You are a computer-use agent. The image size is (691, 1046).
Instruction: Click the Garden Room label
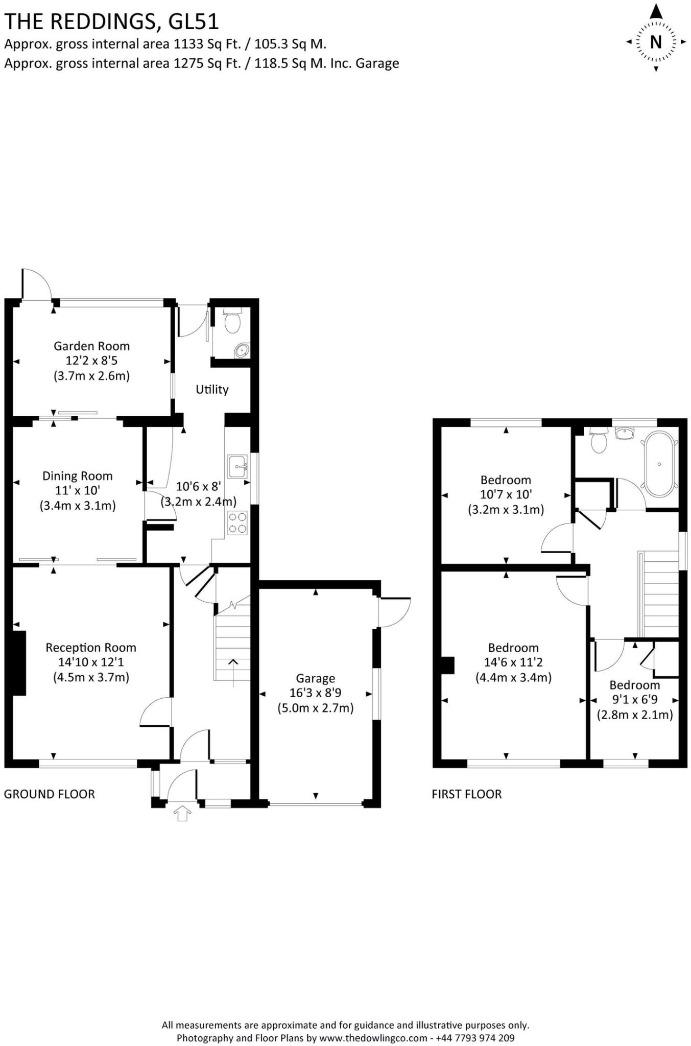click(x=91, y=346)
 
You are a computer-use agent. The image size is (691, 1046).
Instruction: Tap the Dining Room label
click(x=77, y=476)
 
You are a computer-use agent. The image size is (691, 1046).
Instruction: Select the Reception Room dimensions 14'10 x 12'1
click(x=91, y=662)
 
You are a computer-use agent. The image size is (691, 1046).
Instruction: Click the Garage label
click(x=315, y=678)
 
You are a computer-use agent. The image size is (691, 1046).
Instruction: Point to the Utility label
click(x=212, y=390)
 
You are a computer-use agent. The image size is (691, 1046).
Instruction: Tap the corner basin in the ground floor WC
click(x=242, y=350)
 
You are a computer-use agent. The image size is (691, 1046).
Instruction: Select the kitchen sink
click(x=237, y=466)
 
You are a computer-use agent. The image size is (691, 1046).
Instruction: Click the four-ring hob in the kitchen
click(x=237, y=522)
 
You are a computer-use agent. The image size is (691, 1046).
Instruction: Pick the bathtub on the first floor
click(x=659, y=464)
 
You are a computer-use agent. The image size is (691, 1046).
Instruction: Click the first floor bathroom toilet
click(x=599, y=441)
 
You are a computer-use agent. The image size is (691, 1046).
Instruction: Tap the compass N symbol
click(x=656, y=42)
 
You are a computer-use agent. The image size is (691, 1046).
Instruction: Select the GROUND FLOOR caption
click(x=50, y=794)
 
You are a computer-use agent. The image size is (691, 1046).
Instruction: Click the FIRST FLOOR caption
click(x=467, y=794)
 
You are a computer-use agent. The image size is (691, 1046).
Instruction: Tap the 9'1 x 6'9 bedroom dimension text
click(x=634, y=700)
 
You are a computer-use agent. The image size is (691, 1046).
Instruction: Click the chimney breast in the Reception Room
click(x=19, y=662)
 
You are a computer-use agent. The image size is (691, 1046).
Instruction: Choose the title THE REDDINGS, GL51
click(x=111, y=21)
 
